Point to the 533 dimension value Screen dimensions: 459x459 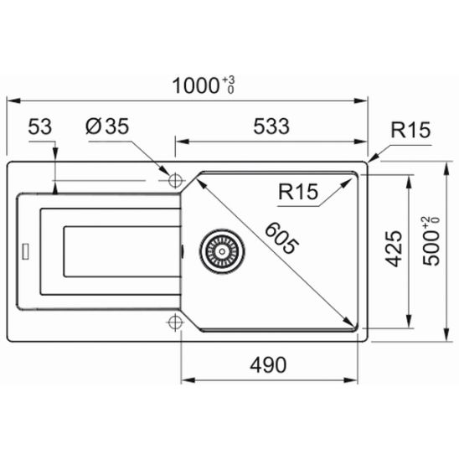coord(271,127)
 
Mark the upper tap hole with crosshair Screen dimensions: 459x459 coord(176,180)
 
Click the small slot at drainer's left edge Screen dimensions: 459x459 coord(26,249)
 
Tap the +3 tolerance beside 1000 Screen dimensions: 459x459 coord(229,80)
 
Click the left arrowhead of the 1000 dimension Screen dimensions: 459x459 coord(12,100)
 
